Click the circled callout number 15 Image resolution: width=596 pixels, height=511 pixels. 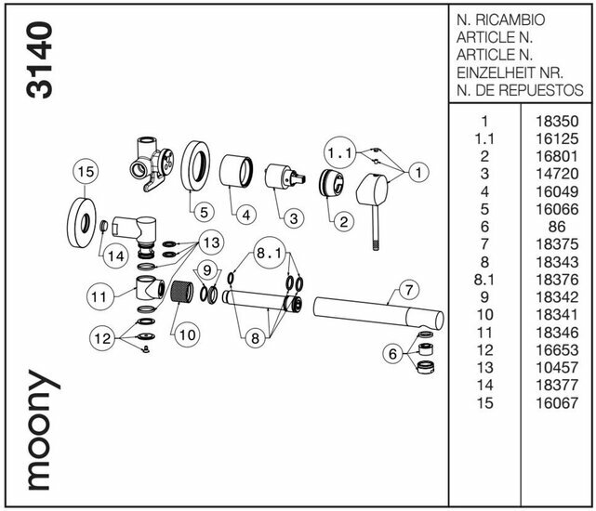coord(86,172)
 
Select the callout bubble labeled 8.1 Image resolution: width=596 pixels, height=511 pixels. coord(270,254)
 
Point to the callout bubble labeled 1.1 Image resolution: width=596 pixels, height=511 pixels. coord(341,151)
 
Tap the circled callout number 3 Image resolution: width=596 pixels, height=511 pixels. coord(291,218)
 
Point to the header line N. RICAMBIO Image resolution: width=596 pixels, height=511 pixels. coord(501,20)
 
